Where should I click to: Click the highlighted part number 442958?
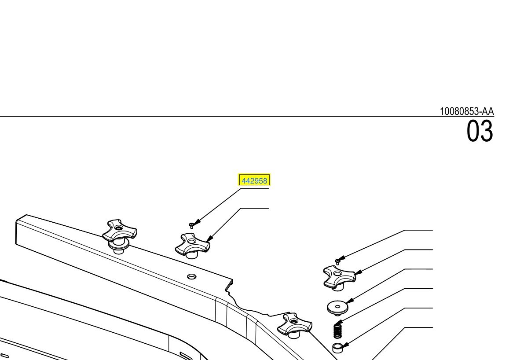(x=254, y=180)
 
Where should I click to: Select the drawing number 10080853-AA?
(x=466, y=111)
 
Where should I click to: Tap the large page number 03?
(x=480, y=131)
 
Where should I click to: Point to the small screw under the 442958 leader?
(x=191, y=225)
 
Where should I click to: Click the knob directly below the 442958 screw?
(x=192, y=245)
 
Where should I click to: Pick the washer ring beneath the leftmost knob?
(x=118, y=246)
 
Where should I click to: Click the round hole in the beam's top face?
(x=191, y=276)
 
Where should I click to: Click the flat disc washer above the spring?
(x=337, y=308)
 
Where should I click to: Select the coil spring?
(x=337, y=330)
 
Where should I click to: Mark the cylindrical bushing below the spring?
(x=337, y=348)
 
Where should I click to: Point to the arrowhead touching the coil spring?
(x=339, y=323)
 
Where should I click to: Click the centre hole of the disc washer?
(x=337, y=306)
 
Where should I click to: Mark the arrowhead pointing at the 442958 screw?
(x=198, y=222)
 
